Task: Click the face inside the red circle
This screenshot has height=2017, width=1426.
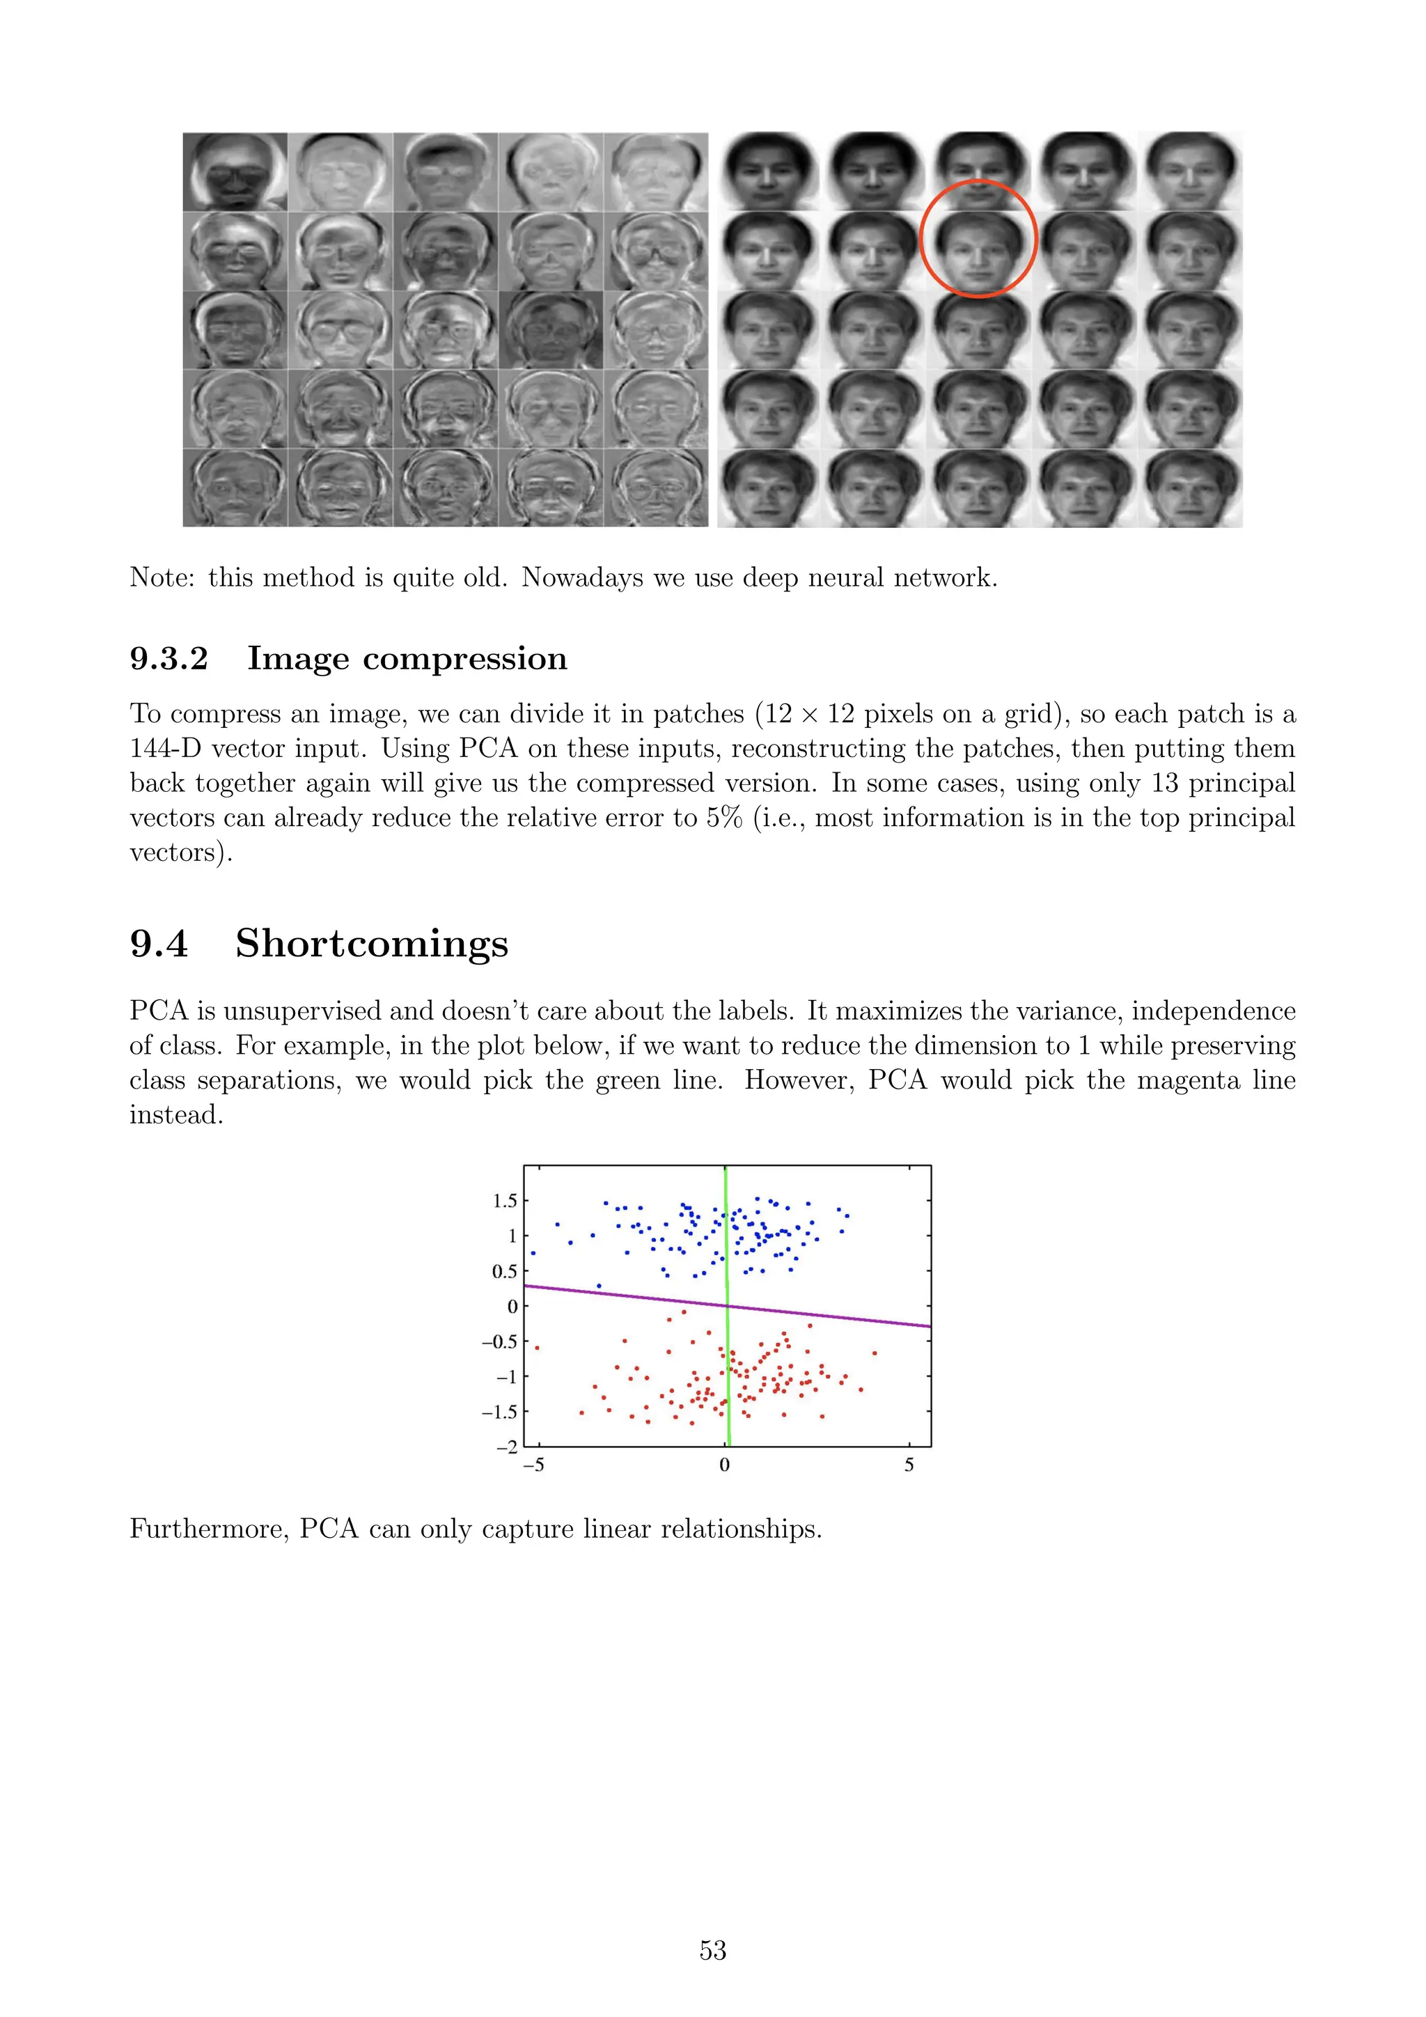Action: [978, 239]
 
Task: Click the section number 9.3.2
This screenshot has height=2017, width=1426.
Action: [169, 658]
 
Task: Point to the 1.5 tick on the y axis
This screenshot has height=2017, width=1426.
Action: [505, 1200]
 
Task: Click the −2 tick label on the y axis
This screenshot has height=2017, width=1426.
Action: [507, 1447]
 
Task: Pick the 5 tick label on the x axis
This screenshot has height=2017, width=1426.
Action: [909, 1465]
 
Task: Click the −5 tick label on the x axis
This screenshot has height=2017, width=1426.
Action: [533, 1465]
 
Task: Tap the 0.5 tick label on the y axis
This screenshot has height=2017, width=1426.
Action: [505, 1271]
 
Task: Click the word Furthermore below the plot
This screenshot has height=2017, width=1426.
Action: [208, 1529]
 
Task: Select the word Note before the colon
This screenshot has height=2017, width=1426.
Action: [161, 577]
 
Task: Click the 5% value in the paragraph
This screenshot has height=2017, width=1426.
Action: [724, 818]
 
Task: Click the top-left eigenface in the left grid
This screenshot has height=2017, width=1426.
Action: [235, 172]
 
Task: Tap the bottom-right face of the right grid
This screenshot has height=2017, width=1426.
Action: [1191, 488]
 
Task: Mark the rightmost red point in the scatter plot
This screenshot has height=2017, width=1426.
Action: [874, 1353]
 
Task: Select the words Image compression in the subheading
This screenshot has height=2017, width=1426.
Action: [407, 658]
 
